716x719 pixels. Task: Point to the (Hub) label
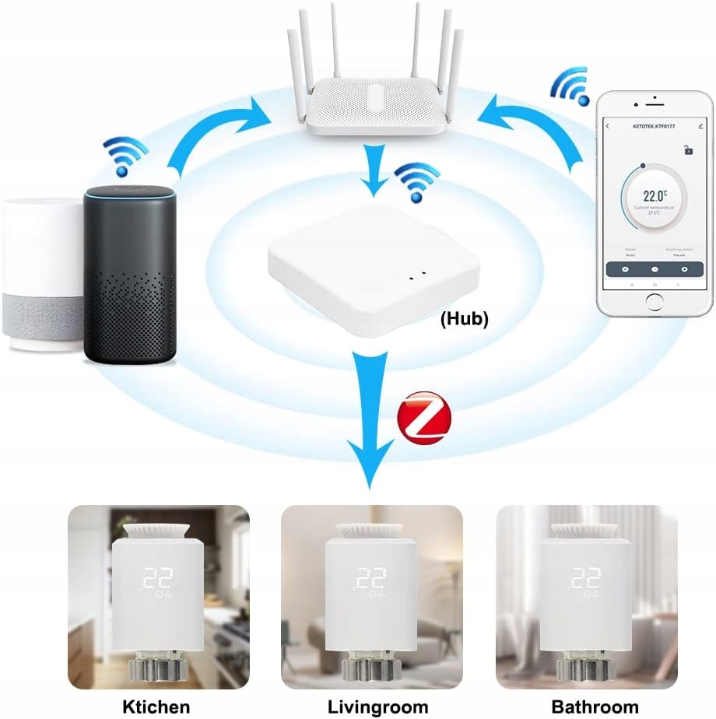[x=464, y=318]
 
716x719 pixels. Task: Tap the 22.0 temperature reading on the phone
[x=654, y=198]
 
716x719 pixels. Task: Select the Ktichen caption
[x=156, y=707]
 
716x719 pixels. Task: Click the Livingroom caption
[x=377, y=707]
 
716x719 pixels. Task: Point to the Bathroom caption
[x=594, y=707]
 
